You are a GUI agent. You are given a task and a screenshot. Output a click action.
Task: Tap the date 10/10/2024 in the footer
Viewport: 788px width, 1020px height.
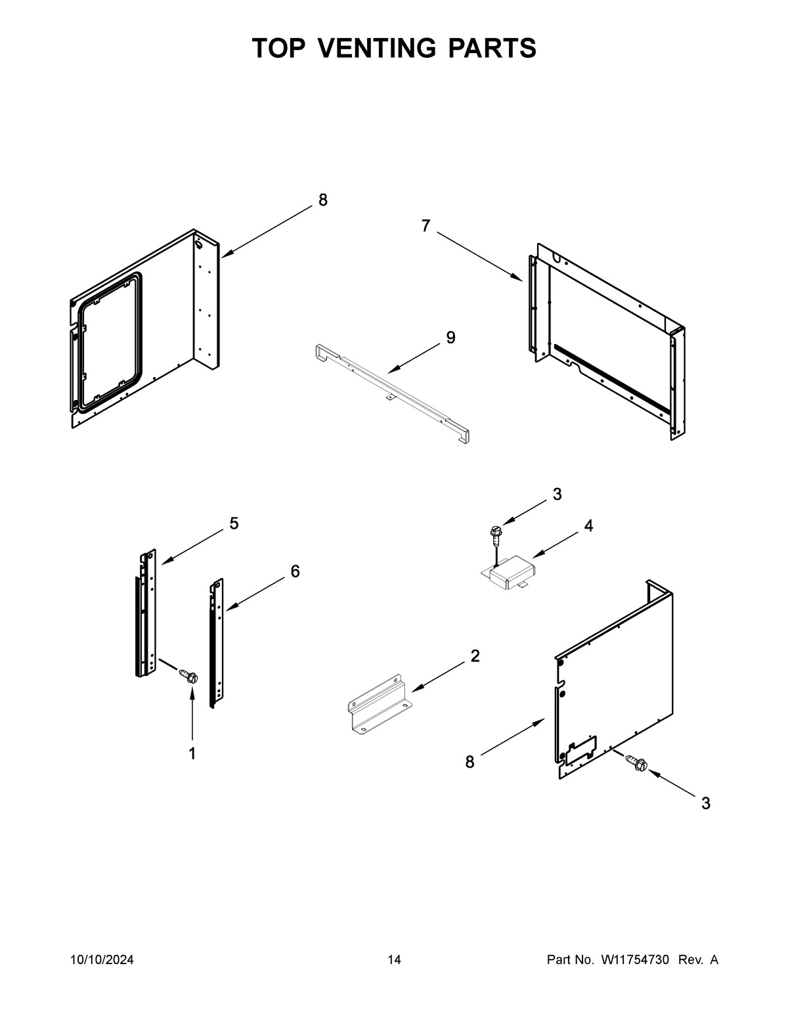(102, 960)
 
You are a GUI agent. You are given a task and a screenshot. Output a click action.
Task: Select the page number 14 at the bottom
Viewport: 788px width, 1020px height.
(394, 960)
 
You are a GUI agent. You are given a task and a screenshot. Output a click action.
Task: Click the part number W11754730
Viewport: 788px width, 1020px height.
(634, 960)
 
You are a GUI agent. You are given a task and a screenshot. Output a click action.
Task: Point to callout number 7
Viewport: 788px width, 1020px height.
(426, 226)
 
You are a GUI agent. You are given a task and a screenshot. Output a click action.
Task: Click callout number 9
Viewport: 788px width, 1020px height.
(450, 338)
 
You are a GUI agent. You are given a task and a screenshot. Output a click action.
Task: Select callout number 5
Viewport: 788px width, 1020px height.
(234, 523)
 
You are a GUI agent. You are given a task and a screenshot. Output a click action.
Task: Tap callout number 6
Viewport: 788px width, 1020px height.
(295, 571)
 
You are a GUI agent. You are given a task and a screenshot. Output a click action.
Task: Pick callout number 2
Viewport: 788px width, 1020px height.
(475, 655)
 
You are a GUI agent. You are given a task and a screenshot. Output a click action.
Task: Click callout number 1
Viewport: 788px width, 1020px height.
(192, 754)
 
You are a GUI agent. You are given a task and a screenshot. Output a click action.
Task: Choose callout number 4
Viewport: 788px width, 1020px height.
(588, 526)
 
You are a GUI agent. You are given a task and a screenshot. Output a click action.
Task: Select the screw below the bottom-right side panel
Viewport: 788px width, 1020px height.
(638, 763)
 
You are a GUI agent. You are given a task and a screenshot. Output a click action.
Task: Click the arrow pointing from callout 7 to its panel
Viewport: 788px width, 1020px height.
(479, 257)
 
